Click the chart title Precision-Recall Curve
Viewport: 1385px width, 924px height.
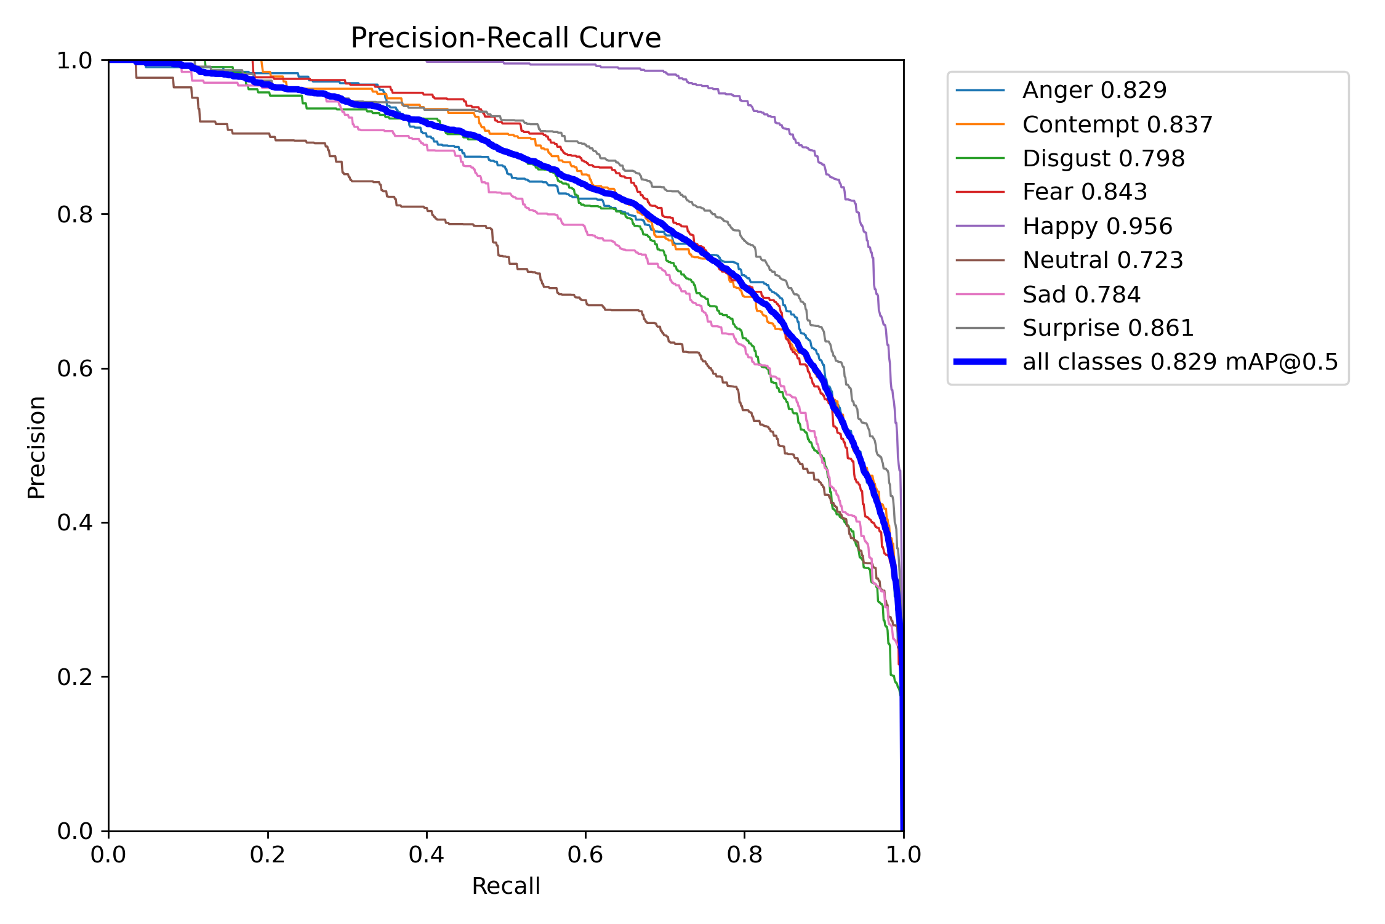tap(505, 38)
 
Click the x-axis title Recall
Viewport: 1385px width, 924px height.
tap(505, 886)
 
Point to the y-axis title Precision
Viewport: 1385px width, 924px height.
tap(36, 447)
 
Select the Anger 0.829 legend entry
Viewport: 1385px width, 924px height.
tap(1094, 91)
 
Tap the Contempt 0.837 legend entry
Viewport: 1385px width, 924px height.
tap(1117, 124)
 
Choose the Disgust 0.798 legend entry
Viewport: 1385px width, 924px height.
tap(1103, 158)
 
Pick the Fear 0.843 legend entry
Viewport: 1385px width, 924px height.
tap(1085, 192)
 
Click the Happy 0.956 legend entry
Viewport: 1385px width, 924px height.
tap(1097, 226)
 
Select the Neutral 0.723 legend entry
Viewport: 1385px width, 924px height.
tap(1102, 260)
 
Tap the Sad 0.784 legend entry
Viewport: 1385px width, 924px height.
tap(1081, 294)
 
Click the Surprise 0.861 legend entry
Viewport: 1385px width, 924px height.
tap(1107, 328)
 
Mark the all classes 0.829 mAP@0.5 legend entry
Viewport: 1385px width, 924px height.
tap(1180, 362)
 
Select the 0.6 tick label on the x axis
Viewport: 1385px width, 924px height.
tap(585, 855)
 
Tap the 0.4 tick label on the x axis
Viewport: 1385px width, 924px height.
tap(427, 855)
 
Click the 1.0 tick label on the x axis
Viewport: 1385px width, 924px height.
tap(903, 855)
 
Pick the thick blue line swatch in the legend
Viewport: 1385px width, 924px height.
tap(980, 362)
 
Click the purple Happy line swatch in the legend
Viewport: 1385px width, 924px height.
tap(980, 226)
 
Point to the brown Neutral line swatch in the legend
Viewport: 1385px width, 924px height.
tap(980, 260)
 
